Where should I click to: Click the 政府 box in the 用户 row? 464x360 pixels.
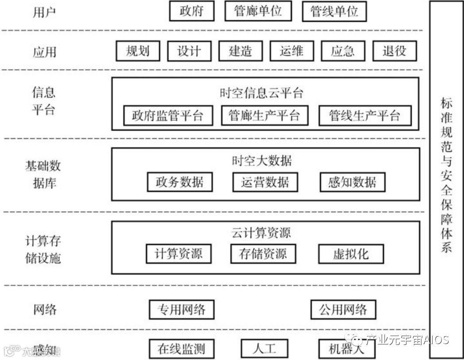(191, 12)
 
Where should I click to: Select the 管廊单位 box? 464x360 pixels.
(258, 12)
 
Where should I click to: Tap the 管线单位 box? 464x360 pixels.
(334, 12)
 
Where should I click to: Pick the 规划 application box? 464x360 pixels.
(137, 51)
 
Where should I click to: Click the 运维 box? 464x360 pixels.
(291, 51)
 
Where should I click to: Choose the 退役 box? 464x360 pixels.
(394, 51)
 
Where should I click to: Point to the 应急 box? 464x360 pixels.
(343, 51)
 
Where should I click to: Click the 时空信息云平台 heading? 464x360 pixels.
(262, 93)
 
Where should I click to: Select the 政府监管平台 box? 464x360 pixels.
(167, 116)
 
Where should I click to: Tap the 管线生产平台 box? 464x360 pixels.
(364, 116)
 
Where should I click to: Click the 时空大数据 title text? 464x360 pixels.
(262, 161)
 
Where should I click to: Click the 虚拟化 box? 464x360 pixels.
(351, 254)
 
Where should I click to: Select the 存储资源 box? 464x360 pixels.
(263, 254)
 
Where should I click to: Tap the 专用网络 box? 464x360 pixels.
(182, 310)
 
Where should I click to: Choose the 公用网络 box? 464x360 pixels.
(343, 310)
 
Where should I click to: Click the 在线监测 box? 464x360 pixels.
(182, 349)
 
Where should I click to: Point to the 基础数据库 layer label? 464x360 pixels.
(43, 174)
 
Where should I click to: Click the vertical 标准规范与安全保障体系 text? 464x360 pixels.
(446, 175)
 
